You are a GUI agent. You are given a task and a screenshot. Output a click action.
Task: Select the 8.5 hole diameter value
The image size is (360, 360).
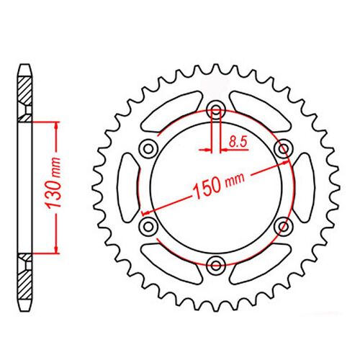click(235, 143)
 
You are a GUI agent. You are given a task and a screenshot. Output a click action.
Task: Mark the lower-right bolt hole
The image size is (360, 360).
click(284, 226)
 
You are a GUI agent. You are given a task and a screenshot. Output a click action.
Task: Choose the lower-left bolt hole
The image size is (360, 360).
click(150, 226)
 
